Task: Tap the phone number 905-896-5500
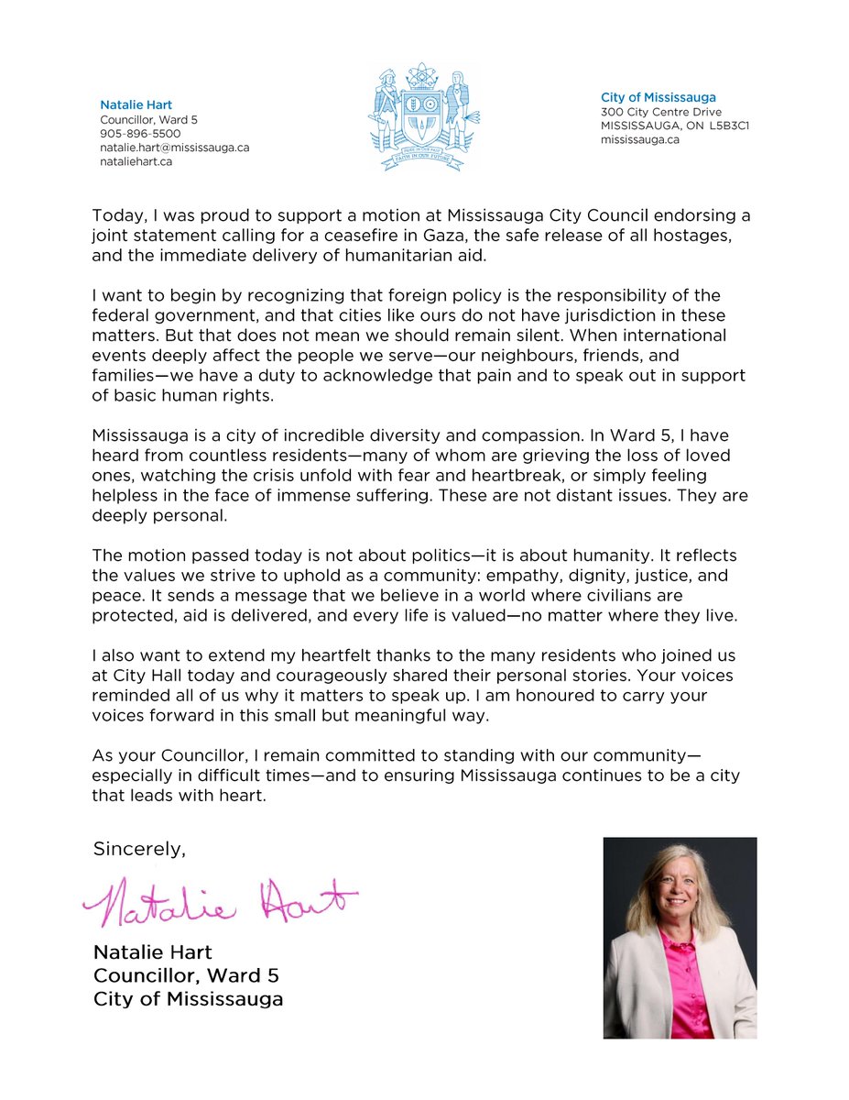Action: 140,134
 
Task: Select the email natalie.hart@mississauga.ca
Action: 174,148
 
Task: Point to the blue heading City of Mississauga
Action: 659,97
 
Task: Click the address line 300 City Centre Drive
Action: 661,112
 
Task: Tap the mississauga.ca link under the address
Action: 640,140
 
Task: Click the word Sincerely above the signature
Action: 138,849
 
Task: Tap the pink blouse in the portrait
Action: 681,981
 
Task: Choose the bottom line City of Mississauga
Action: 188,999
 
